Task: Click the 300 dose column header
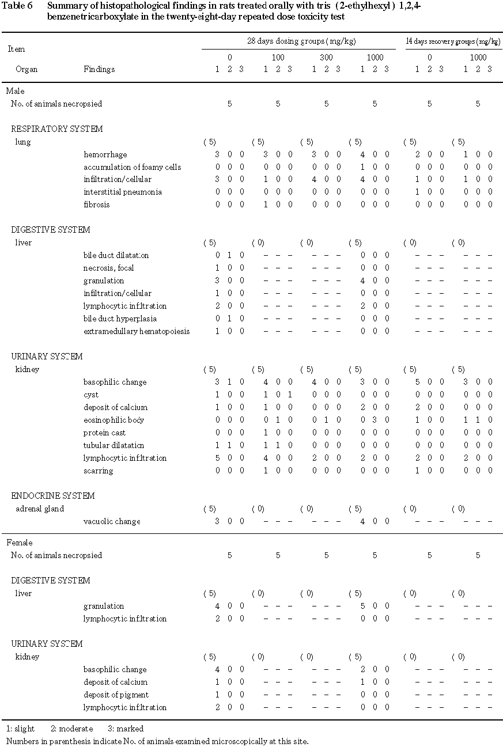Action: tap(326, 57)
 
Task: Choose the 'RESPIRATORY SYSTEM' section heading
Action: tap(57, 129)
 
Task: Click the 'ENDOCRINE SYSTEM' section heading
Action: tap(53, 496)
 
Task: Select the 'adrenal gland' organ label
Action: tap(39, 509)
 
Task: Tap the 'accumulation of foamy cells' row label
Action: tap(132, 167)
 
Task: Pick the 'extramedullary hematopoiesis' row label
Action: tap(137, 331)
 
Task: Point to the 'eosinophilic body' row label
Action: tap(114, 420)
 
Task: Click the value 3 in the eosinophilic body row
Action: tap(375, 420)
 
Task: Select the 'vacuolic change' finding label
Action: tap(112, 521)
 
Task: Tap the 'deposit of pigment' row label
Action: tap(116, 695)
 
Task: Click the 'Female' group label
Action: tap(20, 543)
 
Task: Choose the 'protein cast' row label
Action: tap(104, 433)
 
